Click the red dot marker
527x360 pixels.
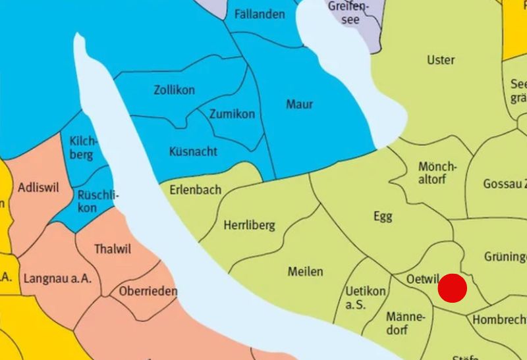pyautogui.click(x=452, y=288)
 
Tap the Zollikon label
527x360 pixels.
pyautogui.click(x=174, y=90)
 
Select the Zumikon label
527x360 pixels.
pyautogui.click(x=232, y=114)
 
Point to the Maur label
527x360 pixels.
pyautogui.click(x=300, y=104)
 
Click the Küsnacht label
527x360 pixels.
pyautogui.click(x=193, y=151)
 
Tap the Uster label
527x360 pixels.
pyautogui.click(x=441, y=60)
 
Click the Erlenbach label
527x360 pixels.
pyautogui.click(x=195, y=190)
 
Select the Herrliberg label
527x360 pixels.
pyautogui.click(x=249, y=225)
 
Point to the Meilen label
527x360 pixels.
pyautogui.click(x=305, y=271)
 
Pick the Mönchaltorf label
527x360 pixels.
pyautogui.click(x=437, y=173)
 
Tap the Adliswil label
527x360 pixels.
pyautogui.click(x=38, y=188)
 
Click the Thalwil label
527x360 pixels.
pyautogui.click(x=113, y=249)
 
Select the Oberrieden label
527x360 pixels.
pyautogui.click(x=148, y=291)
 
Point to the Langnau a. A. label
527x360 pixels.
pyautogui.click(x=57, y=278)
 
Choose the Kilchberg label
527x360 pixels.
pyautogui.click(x=83, y=148)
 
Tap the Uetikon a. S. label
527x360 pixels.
pyautogui.click(x=366, y=297)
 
